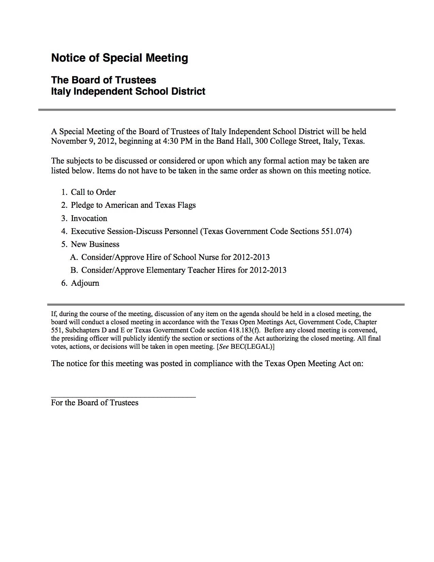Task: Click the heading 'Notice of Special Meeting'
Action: click(x=119, y=58)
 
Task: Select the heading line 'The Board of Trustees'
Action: click(x=103, y=80)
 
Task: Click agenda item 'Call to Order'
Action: click(x=93, y=192)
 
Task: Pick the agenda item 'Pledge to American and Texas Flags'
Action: click(x=133, y=205)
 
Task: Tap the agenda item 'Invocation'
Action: click(x=89, y=218)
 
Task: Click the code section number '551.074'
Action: click(x=335, y=231)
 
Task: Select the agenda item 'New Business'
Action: click(x=95, y=244)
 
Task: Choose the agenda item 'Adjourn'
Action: click(x=85, y=283)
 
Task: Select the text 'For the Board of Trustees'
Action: click(x=95, y=403)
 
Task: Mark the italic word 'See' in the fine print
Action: click(x=224, y=346)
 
